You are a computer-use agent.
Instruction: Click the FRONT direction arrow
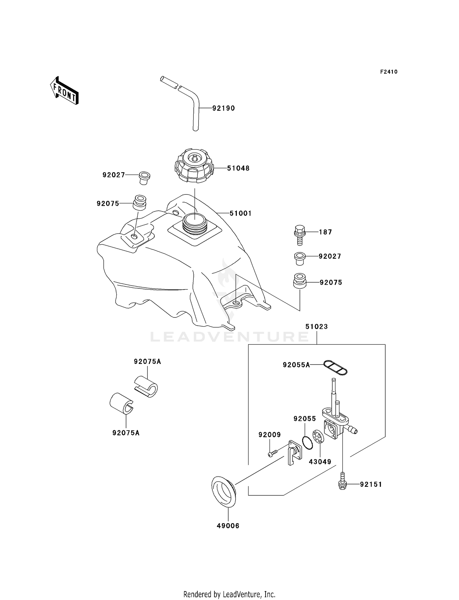[64, 91]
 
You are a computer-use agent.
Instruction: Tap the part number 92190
[224, 108]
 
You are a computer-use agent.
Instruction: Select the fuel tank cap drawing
[194, 166]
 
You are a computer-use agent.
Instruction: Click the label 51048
[238, 168]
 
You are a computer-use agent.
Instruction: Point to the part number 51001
[241, 213]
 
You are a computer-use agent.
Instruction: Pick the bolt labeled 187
[300, 235]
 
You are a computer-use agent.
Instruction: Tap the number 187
[325, 232]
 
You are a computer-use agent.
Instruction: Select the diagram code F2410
[389, 72]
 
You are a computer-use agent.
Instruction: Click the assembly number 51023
[316, 327]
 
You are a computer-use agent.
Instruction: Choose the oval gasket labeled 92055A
[335, 367]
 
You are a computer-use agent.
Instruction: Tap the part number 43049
[320, 462]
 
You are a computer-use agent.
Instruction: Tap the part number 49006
[228, 526]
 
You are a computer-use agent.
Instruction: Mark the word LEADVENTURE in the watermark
[229, 337]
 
